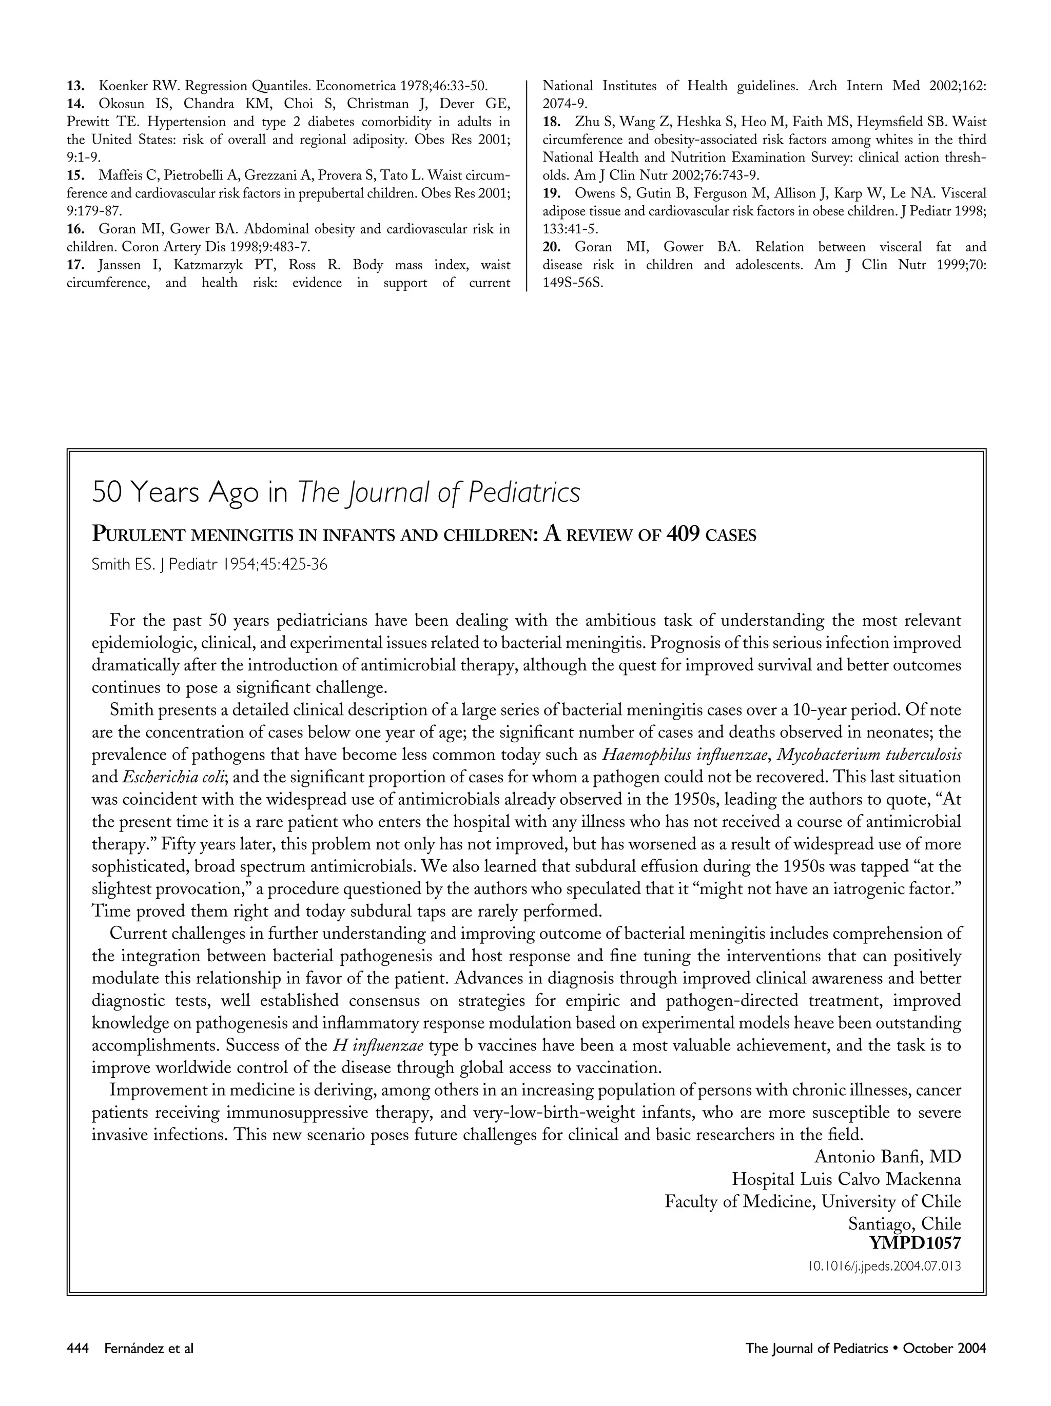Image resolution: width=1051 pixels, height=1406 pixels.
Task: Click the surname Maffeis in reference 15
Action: tap(120, 175)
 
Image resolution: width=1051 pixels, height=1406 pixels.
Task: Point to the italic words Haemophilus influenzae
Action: tap(686, 755)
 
